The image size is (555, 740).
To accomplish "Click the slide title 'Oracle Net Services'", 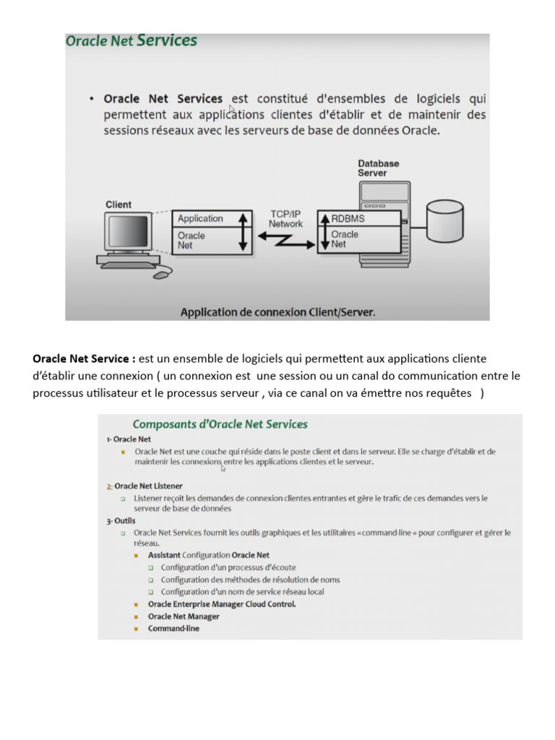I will (x=131, y=41).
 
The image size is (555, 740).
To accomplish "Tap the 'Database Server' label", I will (x=378, y=168).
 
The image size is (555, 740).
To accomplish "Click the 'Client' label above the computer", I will (x=119, y=205).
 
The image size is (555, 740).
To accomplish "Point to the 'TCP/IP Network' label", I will (x=285, y=219).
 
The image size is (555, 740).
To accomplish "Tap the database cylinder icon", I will (x=445, y=224).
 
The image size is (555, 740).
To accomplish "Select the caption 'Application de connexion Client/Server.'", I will (x=277, y=312).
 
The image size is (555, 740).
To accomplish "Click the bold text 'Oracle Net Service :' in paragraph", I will (x=84, y=358).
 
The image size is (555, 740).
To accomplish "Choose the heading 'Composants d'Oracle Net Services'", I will (x=220, y=424).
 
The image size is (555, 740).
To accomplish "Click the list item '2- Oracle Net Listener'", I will (x=145, y=486).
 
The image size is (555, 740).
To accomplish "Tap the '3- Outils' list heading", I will (x=121, y=520).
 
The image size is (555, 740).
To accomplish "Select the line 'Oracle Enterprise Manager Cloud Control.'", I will (x=222, y=604).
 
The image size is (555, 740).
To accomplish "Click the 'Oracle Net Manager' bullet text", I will (x=184, y=616).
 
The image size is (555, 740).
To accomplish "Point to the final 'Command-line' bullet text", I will (x=173, y=629).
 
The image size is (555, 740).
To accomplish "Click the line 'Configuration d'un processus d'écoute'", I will (x=228, y=567).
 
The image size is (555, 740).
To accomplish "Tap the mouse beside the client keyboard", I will (x=163, y=274).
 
